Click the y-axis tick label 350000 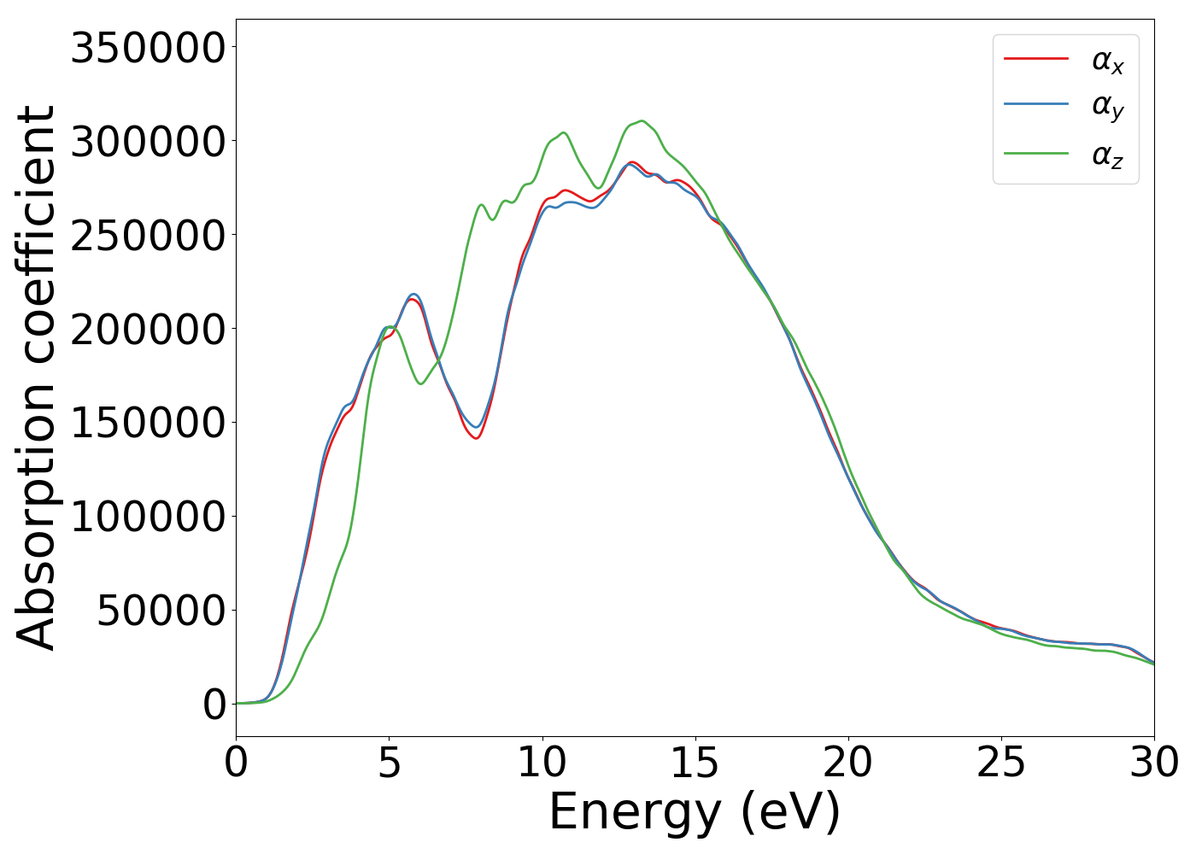[147, 48]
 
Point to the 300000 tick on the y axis [147, 142]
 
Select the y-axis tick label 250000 [147, 236]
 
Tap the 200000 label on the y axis [147, 330]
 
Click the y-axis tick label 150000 [147, 424]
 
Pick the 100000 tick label [147, 518]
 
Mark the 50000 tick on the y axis [160, 611]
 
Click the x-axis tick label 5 [389, 763]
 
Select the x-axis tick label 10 [542, 763]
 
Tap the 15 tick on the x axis [695, 763]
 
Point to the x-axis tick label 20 [847, 763]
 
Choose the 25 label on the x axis [1000, 763]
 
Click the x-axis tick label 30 [1153, 763]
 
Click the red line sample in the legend [1035, 59]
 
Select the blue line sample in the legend [1035, 104]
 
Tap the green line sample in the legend [1035, 154]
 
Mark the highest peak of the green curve [642, 120]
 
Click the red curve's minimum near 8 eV [476, 438]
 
